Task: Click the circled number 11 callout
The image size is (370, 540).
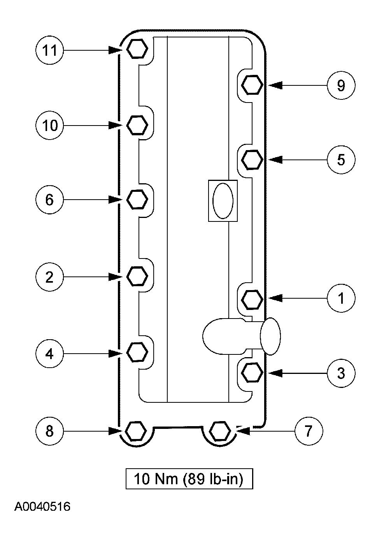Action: coord(49,50)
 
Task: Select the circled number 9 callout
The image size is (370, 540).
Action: coord(341,85)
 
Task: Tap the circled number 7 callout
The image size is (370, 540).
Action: coord(309,431)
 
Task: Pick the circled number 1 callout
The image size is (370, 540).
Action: coord(341,298)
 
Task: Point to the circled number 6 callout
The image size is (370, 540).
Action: coord(49,200)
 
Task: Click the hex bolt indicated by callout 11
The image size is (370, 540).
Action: coord(137,48)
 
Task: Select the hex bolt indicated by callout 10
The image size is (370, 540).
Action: coord(137,125)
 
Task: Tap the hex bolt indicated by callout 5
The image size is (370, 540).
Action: coord(252,159)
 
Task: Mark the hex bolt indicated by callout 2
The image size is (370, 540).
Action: coord(137,276)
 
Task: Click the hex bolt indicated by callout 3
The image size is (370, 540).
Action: coord(252,373)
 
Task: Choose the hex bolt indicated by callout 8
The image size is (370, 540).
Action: coord(136,431)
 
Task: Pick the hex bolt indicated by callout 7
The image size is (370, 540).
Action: coord(220,431)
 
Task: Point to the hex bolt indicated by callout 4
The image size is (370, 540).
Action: coord(137,352)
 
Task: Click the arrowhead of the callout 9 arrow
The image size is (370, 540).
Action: coord(275,85)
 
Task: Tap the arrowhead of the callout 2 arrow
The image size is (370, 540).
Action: coord(115,277)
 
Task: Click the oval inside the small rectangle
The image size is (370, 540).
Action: coord(223,200)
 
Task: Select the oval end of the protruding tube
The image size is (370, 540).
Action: coord(270,336)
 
